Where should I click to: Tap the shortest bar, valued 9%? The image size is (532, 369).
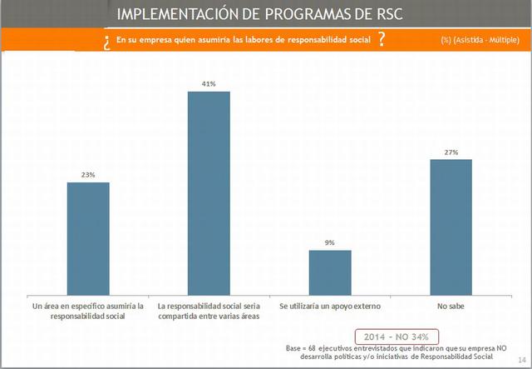point(330,270)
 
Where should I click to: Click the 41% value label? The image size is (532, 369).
point(209,84)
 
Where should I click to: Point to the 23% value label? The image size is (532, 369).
point(88,175)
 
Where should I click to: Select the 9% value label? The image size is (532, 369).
point(330,243)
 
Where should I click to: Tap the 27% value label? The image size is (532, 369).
point(451,152)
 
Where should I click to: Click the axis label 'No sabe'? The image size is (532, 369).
point(451,307)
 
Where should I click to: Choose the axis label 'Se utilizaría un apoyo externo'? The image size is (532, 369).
point(330,307)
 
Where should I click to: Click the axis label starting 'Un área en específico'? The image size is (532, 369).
point(87,312)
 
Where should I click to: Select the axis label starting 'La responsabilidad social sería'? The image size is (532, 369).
point(209,312)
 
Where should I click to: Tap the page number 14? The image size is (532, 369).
point(520,359)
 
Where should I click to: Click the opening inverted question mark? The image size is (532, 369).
point(108,42)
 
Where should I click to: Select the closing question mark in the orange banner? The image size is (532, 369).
point(381,40)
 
